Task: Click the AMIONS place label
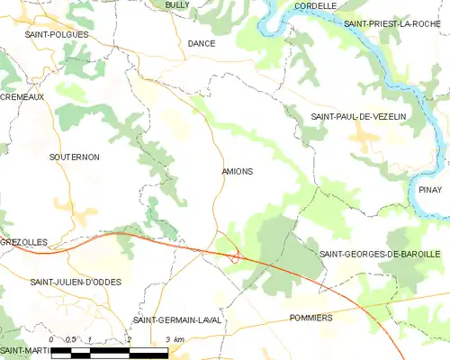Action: click(237, 171)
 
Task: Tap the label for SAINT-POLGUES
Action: click(57, 34)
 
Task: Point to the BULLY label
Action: click(176, 5)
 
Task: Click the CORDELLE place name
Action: click(316, 5)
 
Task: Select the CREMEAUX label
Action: click(22, 96)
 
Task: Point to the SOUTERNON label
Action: click(74, 157)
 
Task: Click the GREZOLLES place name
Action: click(22, 243)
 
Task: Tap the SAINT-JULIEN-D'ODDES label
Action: click(76, 282)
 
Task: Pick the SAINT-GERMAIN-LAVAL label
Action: click(176, 320)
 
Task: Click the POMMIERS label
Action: click(311, 318)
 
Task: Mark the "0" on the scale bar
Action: click(52, 339)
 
